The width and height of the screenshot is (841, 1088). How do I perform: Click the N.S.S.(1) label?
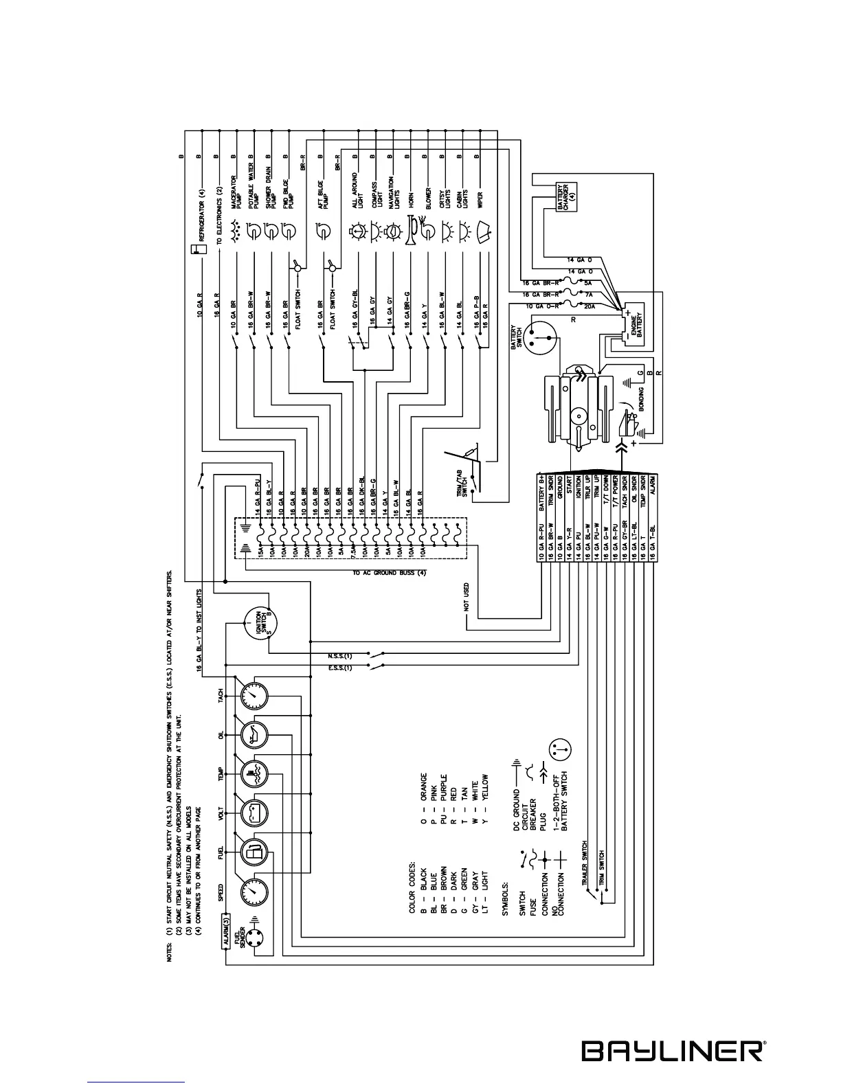[x=339, y=655]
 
